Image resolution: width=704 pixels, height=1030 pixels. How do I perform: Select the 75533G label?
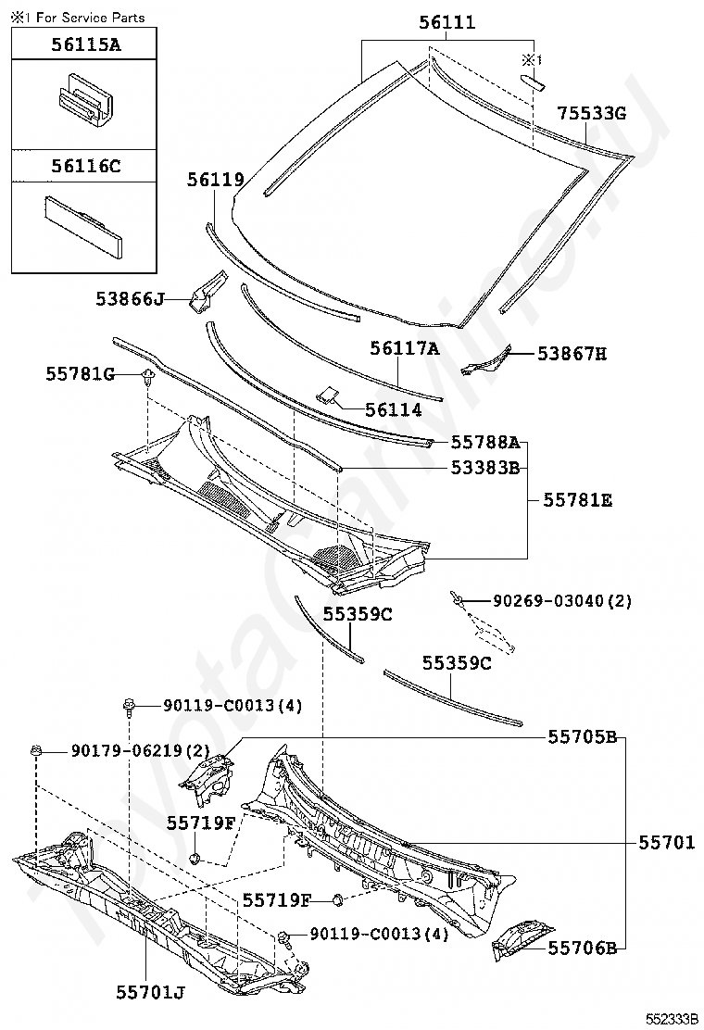(x=592, y=114)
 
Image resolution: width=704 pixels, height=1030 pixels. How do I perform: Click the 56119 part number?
(x=215, y=181)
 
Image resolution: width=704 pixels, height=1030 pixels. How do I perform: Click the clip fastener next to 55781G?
(x=147, y=376)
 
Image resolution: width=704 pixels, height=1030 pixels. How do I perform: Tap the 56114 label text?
(x=393, y=410)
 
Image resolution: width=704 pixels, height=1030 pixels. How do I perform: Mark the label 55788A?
(x=485, y=443)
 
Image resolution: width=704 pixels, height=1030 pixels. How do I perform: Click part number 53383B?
(x=485, y=468)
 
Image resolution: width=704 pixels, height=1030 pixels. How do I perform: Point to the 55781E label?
(x=577, y=500)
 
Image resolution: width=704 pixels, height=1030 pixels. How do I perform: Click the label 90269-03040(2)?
(x=562, y=601)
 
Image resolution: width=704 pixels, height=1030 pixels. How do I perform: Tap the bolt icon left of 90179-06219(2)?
(x=36, y=749)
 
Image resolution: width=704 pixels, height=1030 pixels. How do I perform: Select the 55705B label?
(x=582, y=737)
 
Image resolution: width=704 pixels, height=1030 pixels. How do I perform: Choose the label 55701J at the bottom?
(x=150, y=993)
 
